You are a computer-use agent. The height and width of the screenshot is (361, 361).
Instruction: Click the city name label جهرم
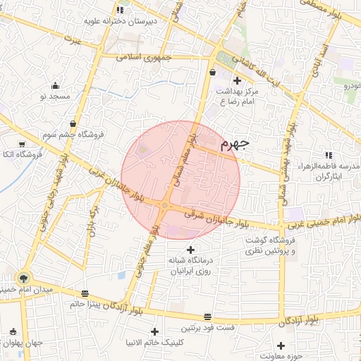(x=235, y=145)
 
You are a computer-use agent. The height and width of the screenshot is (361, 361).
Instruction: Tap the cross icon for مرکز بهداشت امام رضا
(x=237, y=81)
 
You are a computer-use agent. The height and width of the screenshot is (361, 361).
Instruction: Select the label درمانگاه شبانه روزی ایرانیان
(x=190, y=264)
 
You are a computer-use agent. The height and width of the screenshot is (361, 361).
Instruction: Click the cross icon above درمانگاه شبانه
(x=190, y=250)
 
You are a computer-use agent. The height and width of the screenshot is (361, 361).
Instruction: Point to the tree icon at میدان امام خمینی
(x=25, y=279)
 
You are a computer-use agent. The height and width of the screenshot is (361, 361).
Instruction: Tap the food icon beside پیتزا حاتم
(x=85, y=293)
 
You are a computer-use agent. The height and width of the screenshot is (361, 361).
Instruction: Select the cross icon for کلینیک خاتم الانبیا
(x=154, y=331)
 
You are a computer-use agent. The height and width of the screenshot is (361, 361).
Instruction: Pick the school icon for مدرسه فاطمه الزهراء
(x=328, y=155)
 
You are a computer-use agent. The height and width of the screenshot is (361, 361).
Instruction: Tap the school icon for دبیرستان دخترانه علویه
(x=121, y=10)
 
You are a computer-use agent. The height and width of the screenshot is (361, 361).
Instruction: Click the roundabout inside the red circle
(x=165, y=206)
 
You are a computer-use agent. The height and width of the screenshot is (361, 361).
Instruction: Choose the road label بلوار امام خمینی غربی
(x=314, y=221)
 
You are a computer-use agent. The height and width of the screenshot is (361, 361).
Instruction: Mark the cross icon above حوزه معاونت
(x=281, y=345)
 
